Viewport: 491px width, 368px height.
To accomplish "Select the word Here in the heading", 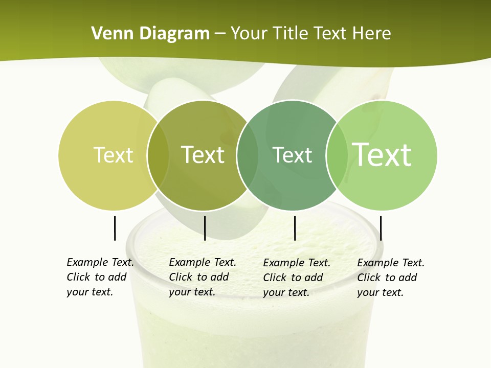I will pos(372,34).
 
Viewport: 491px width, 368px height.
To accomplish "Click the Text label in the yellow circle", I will pos(114,155).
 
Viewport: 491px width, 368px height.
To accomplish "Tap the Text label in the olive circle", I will pos(203,155).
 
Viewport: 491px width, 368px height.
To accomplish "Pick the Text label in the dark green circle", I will pos(292,155).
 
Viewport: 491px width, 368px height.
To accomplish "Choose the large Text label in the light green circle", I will pos(382,154).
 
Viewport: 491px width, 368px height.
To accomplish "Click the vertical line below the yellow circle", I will pos(115,228).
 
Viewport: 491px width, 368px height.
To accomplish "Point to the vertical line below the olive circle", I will pos(205,228).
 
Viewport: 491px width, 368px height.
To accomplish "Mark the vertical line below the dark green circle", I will pos(295,228).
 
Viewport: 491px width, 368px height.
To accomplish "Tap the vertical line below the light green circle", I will pos(381,228).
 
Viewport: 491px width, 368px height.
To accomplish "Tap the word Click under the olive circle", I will pos(181,277).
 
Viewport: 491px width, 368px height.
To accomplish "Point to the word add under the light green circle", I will pos(408,278).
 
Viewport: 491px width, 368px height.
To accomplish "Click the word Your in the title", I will pos(249,34).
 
